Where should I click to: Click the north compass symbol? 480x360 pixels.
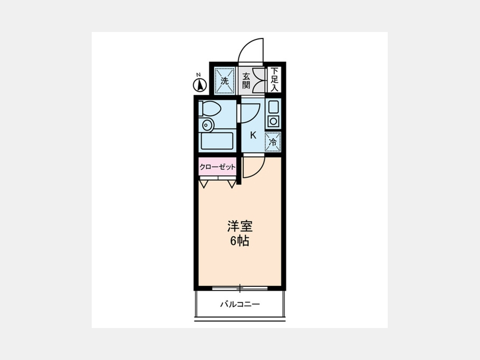(x=199, y=85)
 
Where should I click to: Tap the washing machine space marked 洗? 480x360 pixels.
(x=225, y=81)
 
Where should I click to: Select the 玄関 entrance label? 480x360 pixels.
(x=246, y=81)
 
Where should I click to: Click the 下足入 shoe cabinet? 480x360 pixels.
(x=274, y=79)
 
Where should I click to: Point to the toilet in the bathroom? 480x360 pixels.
(x=210, y=109)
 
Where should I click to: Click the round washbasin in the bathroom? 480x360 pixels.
(x=207, y=125)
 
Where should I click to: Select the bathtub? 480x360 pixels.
(x=217, y=141)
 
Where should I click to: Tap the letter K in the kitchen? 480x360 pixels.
(x=253, y=135)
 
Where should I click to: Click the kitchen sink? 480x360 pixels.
(x=273, y=107)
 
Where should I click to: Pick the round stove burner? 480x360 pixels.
(x=273, y=122)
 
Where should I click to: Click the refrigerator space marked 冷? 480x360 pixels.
(x=273, y=142)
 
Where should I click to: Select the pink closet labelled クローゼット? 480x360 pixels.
(x=218, y=167)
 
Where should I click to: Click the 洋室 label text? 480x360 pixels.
(x=239, y=227)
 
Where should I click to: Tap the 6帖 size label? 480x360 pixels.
(x=239, y=242)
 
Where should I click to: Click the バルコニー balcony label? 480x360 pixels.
(x=240, y=305)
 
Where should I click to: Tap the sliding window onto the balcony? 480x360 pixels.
(x=240, y=288)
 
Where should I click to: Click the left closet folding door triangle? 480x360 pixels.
(x=204, y=184)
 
